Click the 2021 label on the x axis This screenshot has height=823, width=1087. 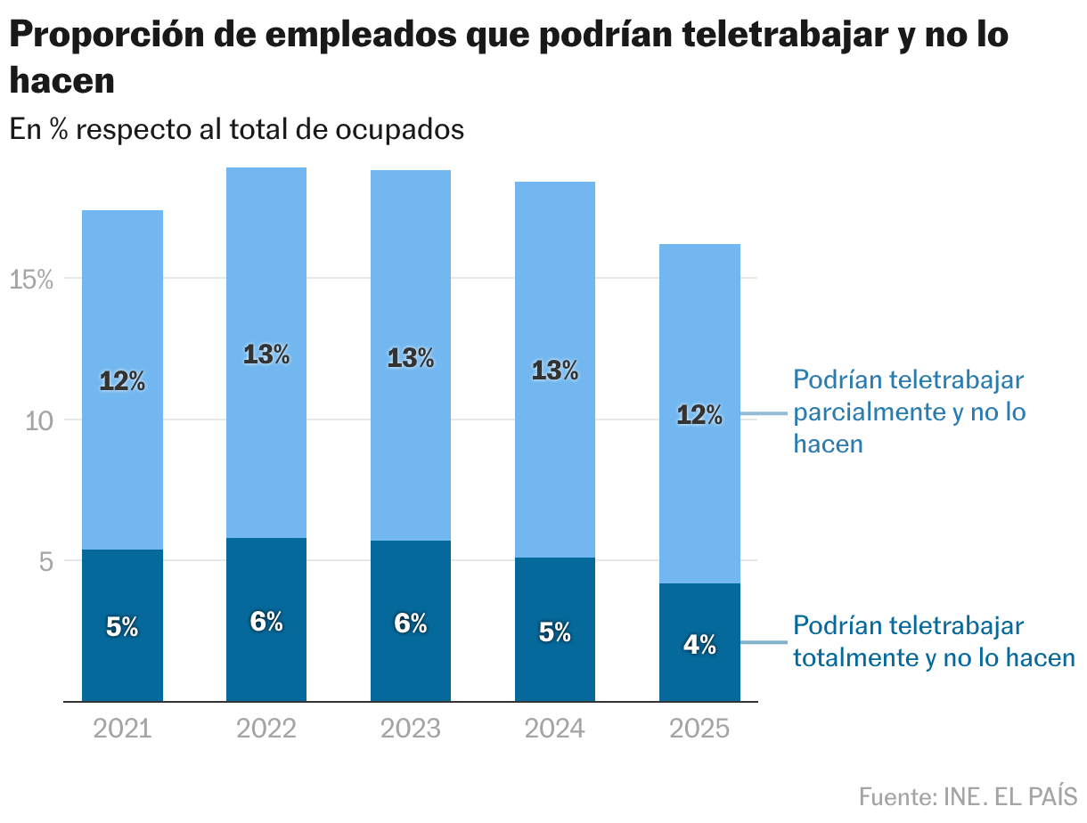click(122, 729)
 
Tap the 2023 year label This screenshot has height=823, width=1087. click(411, 729)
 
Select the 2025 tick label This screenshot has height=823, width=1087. click(699, 729)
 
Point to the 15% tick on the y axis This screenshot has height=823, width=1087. click(32, 280)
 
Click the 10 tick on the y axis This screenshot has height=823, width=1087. click(41, 420)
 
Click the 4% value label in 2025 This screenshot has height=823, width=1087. click(699, 646)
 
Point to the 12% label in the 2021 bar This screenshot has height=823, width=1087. click(122, 381)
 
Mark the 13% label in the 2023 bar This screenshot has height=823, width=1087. click(411, 358)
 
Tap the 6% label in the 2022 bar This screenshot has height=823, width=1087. click(266, 621)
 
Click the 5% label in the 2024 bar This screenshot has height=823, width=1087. click(555, 632)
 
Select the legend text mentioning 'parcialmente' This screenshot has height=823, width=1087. click(909, 411)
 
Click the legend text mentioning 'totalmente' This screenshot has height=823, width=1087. click(934, 641)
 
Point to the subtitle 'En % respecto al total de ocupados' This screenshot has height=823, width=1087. click(237, 129)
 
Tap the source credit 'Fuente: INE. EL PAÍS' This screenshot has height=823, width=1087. click(968, 795)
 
